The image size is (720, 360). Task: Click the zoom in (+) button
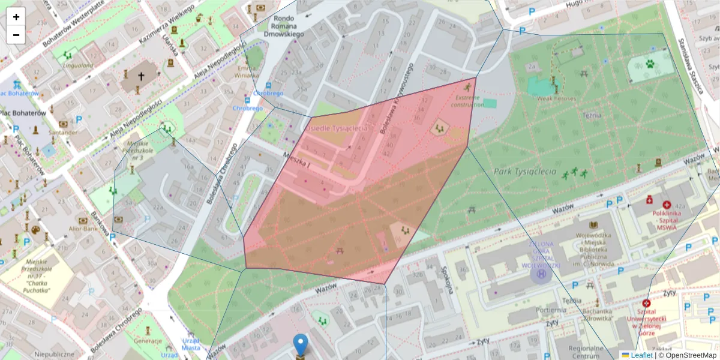[x=16, y=17]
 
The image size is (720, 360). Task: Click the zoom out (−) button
[x=16, y=35]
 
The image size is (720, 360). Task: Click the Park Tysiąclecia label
[x=525, y=172]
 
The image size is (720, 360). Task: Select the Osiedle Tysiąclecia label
[x=336, y=128]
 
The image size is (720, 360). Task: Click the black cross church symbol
[x=141, y=77]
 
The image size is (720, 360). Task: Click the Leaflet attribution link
[x=641, y=355]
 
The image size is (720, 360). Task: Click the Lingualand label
[x=78, y=65]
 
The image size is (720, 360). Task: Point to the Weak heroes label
[x=556, y=98]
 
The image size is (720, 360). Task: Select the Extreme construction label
[x=467, y=101]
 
